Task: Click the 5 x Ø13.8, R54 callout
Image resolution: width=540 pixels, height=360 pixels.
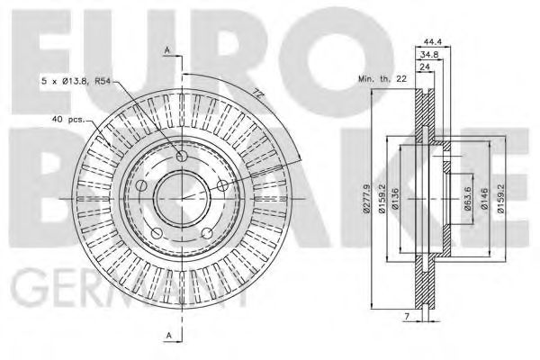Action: point(79,82)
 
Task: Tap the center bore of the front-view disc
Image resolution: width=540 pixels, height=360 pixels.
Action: point(180,197)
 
